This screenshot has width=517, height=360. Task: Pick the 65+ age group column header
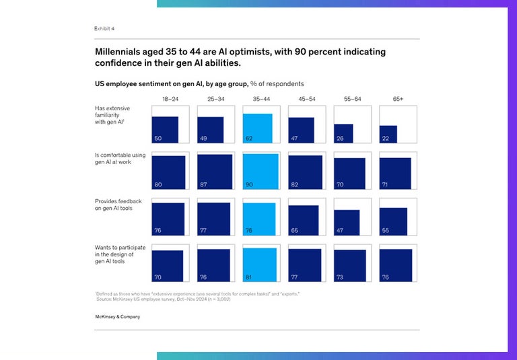[x=397, y=100]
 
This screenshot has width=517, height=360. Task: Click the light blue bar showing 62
[x=257, y=129]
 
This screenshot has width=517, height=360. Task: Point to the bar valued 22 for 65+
[x=388, y=135]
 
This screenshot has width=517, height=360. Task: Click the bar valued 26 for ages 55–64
[x=343, y=134]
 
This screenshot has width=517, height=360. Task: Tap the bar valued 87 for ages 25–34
[x=214, y=172]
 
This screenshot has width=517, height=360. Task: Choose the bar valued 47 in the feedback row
[x=347, y=223]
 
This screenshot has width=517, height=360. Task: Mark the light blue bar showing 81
[x=259, y=264]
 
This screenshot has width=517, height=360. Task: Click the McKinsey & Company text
[x=118, y=315]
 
